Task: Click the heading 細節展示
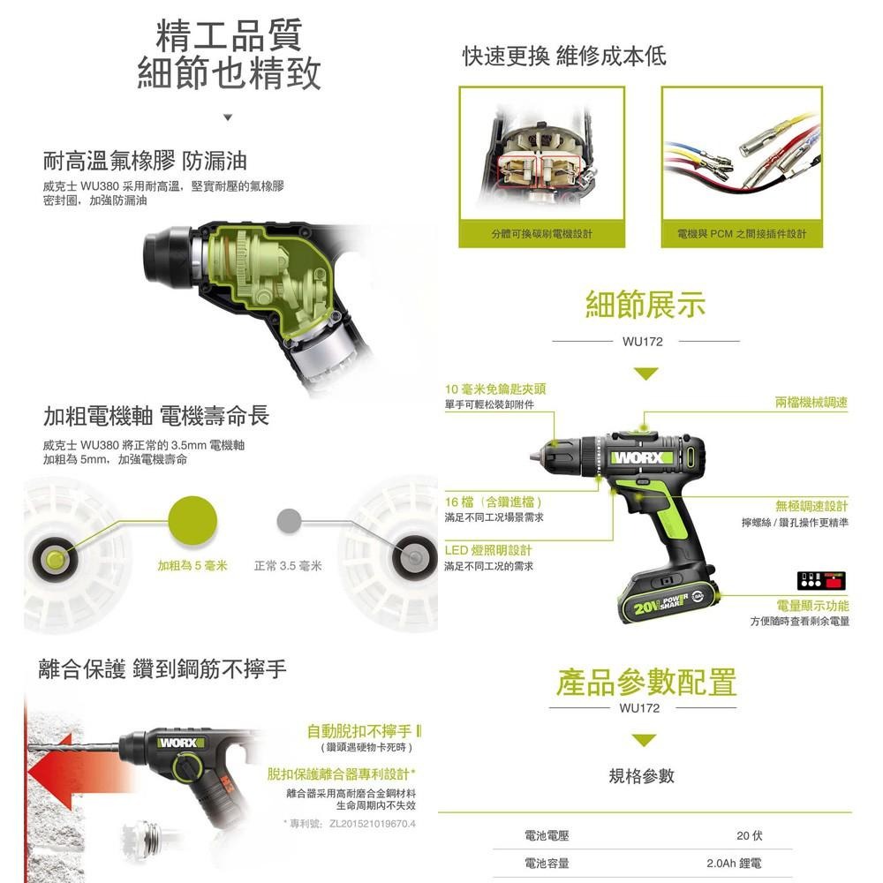(645, 306)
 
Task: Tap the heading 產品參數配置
(645, 682)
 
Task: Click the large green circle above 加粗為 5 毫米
(192, 519)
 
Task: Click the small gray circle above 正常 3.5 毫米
(285, 519)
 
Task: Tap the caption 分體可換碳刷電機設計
(542, 234)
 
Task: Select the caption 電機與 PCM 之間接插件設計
(742, 234)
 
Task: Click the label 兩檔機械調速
(811, 403)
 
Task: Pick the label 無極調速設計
(811, 506)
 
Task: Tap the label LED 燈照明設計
(488, 550)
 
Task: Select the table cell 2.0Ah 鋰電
(734, 864)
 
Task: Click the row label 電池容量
(547, 864)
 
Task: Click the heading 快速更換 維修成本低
(564, 57)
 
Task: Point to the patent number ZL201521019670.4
(372, 824)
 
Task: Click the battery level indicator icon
(821, 581)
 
